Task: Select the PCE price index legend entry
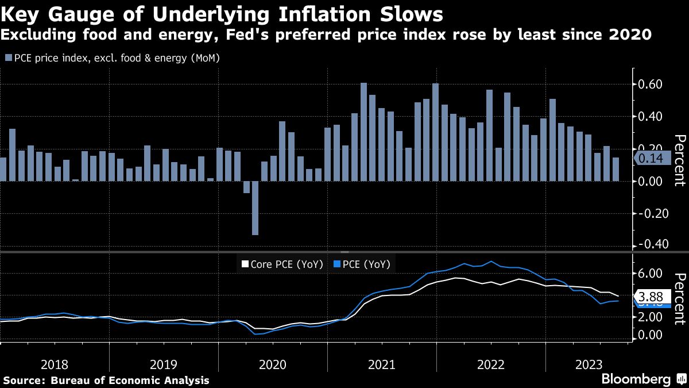pos(113,58)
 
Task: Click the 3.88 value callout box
pos(651,297)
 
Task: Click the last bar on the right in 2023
pos(616,170)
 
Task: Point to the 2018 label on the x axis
pos(55,364)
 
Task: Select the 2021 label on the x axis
pos(381,364)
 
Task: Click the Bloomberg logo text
pos(636,379)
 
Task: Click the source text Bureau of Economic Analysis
pos(130,381)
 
